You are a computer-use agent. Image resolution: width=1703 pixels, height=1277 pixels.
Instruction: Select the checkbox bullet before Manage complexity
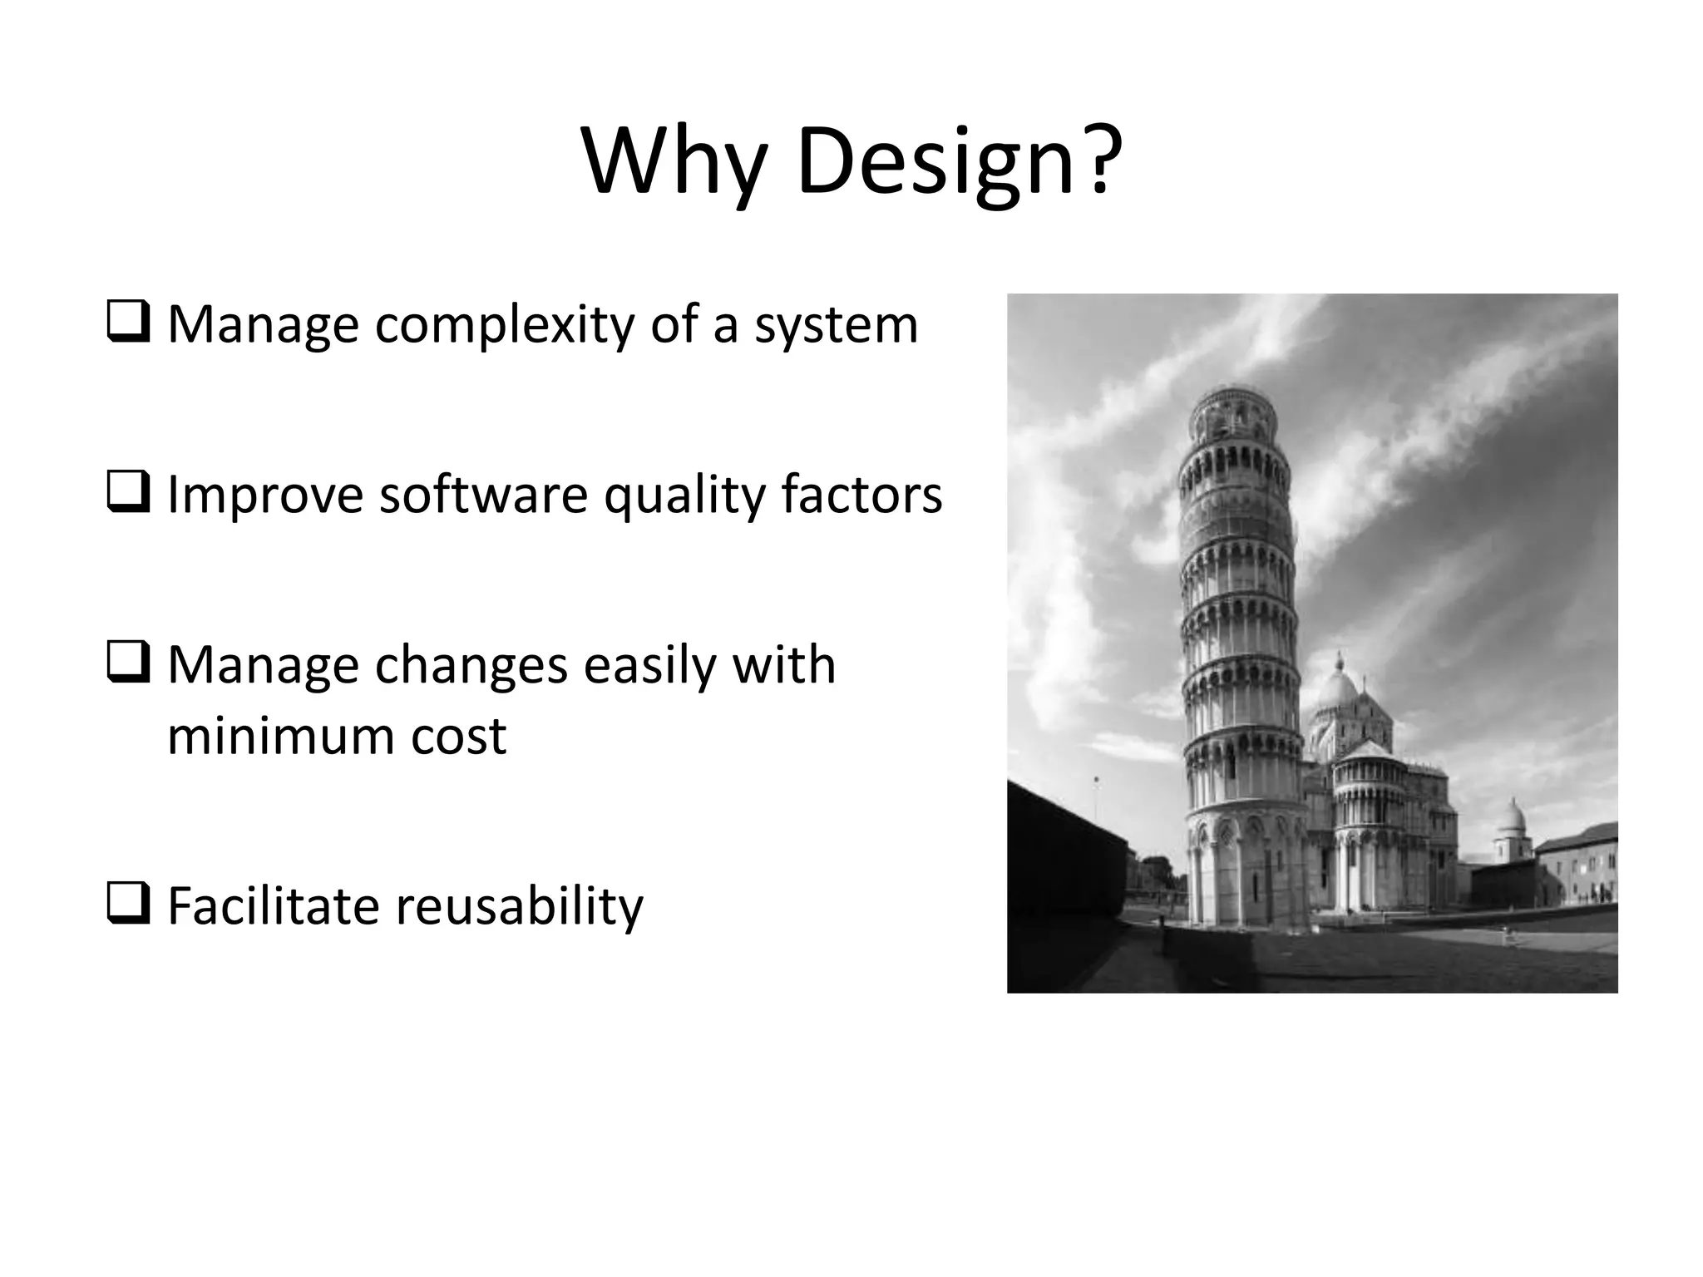[129, 323]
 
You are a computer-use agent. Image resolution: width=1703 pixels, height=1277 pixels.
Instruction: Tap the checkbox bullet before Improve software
[129, 493]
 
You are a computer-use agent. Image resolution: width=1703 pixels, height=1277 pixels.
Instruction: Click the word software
[484, 495]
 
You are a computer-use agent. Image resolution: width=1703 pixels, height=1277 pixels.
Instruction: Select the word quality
[684, 496]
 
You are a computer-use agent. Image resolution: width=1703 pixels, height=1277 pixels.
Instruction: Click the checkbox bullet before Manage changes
[129, 663]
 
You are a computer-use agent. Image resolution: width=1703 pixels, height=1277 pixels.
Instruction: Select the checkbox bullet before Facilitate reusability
[129, 905]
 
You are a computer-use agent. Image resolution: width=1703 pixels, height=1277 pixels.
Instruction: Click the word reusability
[519, 906]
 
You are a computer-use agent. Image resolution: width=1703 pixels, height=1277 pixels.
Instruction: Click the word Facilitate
[274, 906]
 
